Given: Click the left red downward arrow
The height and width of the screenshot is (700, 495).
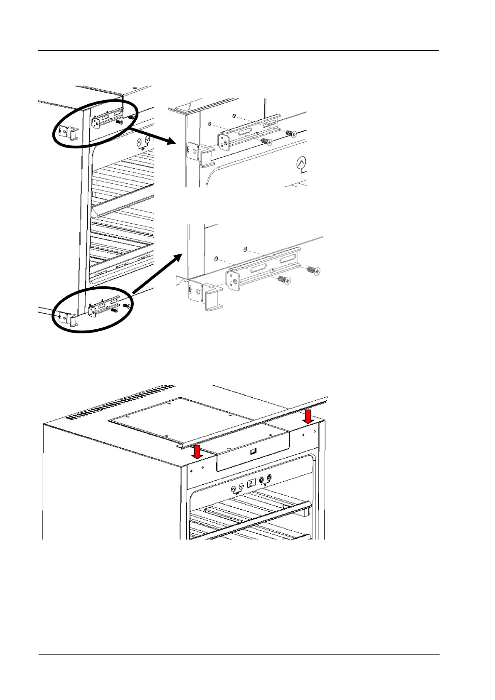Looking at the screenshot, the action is coord(197,451).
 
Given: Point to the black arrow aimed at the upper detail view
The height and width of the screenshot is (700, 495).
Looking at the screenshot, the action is coord(154,137).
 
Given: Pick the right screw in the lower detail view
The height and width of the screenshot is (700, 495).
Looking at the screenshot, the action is coord(313,271).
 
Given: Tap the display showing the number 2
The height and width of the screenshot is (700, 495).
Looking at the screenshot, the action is coord(251,484).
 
